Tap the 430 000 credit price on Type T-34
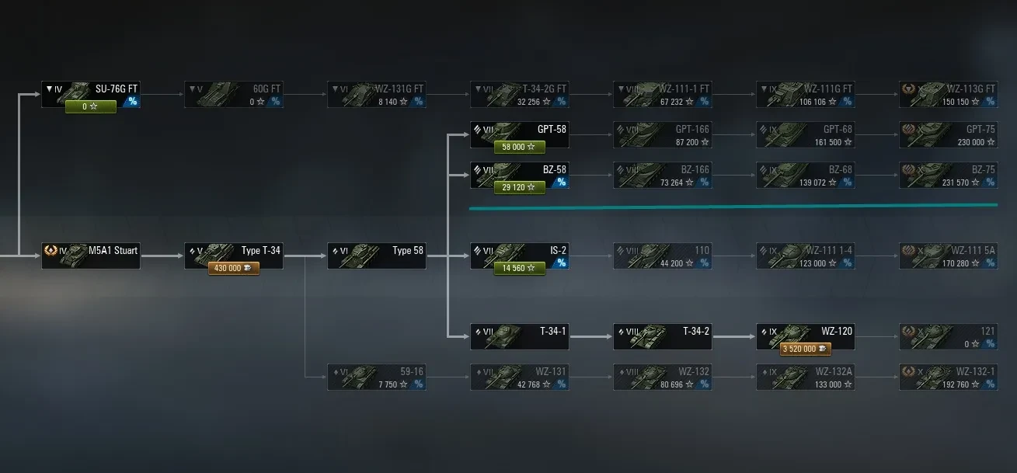[x=233, y=268]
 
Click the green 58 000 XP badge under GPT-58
[x=519, y=147]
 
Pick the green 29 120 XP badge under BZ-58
[x=519, y=187]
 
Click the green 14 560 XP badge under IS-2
[x=519, y=268]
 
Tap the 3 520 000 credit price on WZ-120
[x=805, y=349]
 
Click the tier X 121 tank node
[x=948, y=336]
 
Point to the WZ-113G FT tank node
[x=948, y=94]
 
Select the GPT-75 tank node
[x=948, y=134]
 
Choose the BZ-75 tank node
[x=948, y=175]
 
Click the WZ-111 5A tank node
[x=948, y=256]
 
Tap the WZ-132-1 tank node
[x=948, y=377]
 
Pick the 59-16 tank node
[x=376, y=377]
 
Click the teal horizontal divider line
[x=733, y=207]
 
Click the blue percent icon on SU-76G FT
[x=132, y=102]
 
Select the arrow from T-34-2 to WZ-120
[x=733, y=337]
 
